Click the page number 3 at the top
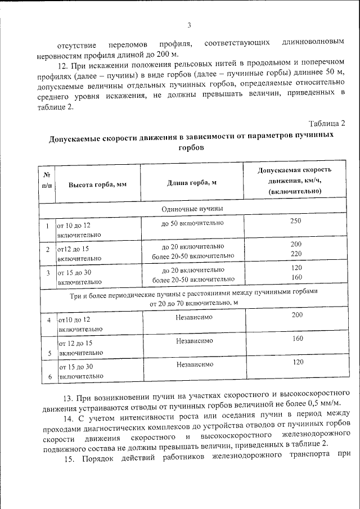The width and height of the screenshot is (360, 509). tap(190, 25)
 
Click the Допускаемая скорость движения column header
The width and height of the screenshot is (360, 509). tap(295, 181)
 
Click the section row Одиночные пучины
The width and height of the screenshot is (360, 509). tap(192, 209)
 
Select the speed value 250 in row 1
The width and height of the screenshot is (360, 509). tap(296, 221)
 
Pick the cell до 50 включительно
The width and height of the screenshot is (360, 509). tap(192, 223)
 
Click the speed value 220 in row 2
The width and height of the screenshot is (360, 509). tap(296, 254)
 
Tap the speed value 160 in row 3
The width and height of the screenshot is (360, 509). tap(296, 277)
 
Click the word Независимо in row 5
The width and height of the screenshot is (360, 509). tap(194, 340)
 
